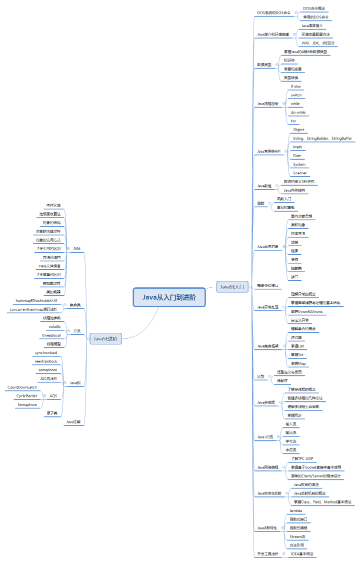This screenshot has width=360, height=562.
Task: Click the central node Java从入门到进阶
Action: coord(169,297)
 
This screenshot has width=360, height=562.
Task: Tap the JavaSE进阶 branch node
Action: coord(105,339)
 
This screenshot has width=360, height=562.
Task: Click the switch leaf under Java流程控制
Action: coord(296,95)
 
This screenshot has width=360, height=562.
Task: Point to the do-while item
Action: coord(298,112)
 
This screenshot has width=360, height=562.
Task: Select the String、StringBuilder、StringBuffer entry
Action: coord(322,138)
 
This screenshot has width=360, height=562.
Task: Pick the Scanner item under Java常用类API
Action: coord(300,173)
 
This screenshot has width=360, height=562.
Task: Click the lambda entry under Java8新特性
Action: coord(295,510)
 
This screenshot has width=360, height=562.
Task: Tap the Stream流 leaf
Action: coord(297,536)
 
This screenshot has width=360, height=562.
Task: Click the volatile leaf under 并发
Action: coord(54,326)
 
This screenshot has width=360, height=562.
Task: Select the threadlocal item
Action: coord(51,335)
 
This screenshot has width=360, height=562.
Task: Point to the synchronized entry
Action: coord(46,352)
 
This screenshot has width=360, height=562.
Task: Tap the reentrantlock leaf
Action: coord(46,361)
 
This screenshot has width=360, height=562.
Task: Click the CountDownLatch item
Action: coord(22,387)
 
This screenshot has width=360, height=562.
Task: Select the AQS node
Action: coord(53,396)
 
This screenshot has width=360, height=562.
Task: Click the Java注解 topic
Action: coord(73,422)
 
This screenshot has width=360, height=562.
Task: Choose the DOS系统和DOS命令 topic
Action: coord(273,13)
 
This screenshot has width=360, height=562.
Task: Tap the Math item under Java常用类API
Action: coord(297,147)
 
